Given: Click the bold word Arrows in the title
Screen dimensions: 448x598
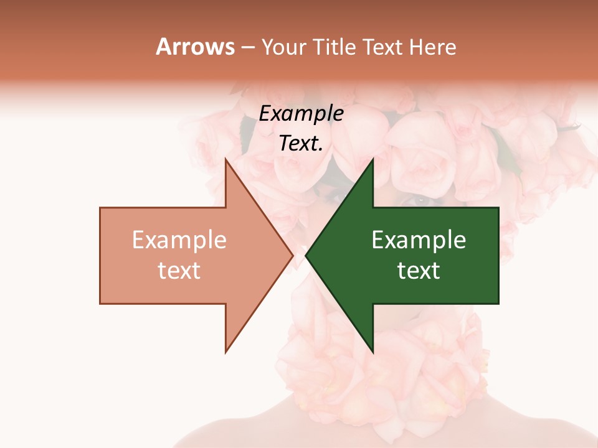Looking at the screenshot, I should [x=195, y=47].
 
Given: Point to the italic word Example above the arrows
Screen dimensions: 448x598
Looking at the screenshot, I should [x=301, y=114].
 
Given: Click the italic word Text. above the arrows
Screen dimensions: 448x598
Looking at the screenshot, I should [x=301, y=144].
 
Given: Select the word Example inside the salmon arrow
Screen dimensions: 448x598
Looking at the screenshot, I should [x=179, y=240].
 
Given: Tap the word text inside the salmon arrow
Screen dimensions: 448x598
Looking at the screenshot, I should [x=179, y=271].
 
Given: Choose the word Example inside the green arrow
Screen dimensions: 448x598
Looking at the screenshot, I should [x=419, y=240].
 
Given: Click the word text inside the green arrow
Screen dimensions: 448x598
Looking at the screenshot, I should [x=419, y=271].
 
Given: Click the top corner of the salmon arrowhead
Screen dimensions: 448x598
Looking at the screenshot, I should [x=225, y=159].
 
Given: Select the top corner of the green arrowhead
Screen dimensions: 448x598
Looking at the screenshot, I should [x=373, y=159].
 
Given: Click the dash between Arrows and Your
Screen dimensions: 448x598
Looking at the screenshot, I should [x=248, y=48].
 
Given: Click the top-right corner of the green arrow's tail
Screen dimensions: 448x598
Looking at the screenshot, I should [x=498, y=208].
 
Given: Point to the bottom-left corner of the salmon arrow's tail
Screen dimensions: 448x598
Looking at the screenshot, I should [x=100, y=304].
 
